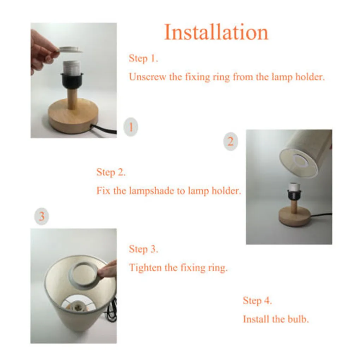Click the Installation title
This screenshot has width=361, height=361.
pyautogui.click(x=216, y=32)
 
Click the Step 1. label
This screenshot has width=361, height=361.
pyautogui.click(x=143, y=59)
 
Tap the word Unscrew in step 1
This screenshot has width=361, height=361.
pyautogui.click(x=148, y=77)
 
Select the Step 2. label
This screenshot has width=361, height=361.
pyautogui.click(x=111, y=172)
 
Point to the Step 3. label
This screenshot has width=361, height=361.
pyautogui.click(x=143, y=249)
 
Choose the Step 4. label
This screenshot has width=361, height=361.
pyautogui.click(x=257, y=301)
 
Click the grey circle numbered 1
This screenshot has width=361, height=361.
pyautogui.click(x=131, y=127)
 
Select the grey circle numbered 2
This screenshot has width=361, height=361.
pyautogui.click(x=231, y=142)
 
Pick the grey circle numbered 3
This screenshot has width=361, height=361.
pyautogui.click(x=42, y=216)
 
